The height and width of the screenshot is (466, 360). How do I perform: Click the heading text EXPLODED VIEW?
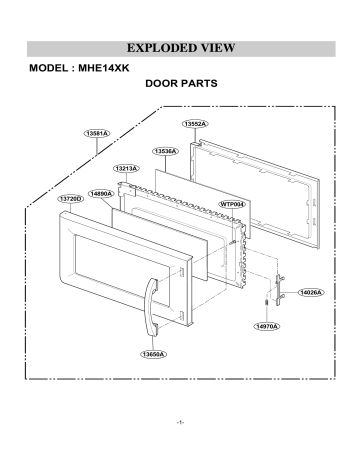point(180,48)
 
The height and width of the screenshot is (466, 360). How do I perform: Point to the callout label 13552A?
point(194,124)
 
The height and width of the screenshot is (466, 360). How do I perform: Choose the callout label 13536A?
point(165,151)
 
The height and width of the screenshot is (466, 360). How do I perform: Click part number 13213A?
point(126,169)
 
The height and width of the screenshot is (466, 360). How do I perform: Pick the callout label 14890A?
point(101,192)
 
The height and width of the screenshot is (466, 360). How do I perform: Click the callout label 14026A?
point(311,292)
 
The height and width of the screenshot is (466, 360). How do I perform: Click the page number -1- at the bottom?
point(179,425)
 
